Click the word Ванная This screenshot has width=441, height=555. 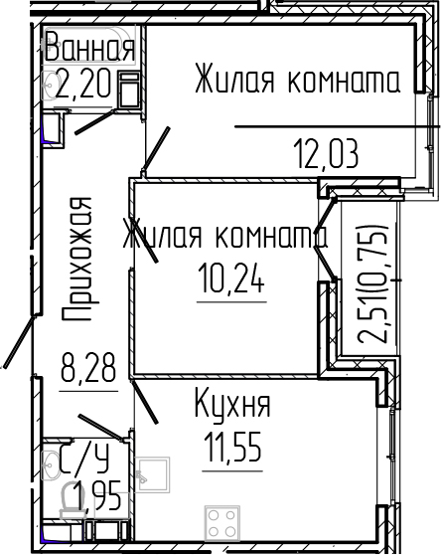coord(88,48)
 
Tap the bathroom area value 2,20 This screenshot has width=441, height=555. coord(85,84)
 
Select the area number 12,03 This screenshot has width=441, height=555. coord(326,154)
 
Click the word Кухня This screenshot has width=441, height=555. coord(232,406)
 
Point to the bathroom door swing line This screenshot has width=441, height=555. coord(97,120)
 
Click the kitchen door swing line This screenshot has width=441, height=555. coord(145,403)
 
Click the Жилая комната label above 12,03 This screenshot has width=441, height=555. coord(297,80)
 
